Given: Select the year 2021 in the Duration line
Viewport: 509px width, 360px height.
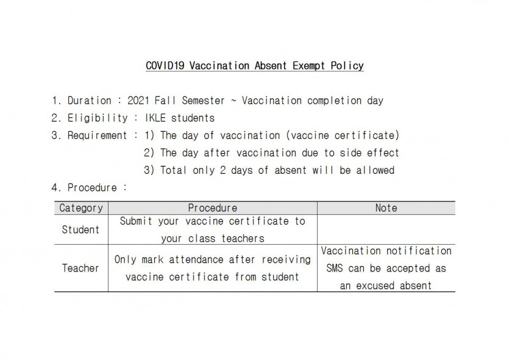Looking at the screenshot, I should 139,101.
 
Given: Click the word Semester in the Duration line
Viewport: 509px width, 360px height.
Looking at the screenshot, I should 204,101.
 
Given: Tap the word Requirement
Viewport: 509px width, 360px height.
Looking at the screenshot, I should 98,135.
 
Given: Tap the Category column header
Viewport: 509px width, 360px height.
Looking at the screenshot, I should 81,208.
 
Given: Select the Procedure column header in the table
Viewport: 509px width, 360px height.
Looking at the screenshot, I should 212,208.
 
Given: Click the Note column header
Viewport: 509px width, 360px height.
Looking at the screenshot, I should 386,208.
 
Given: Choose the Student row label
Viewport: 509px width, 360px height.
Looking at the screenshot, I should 80,230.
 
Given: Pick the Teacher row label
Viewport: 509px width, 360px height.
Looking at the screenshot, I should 80,268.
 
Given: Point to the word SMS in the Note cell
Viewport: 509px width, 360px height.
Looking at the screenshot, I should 334,268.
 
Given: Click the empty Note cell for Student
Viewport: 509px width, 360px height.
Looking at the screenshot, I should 386,230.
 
